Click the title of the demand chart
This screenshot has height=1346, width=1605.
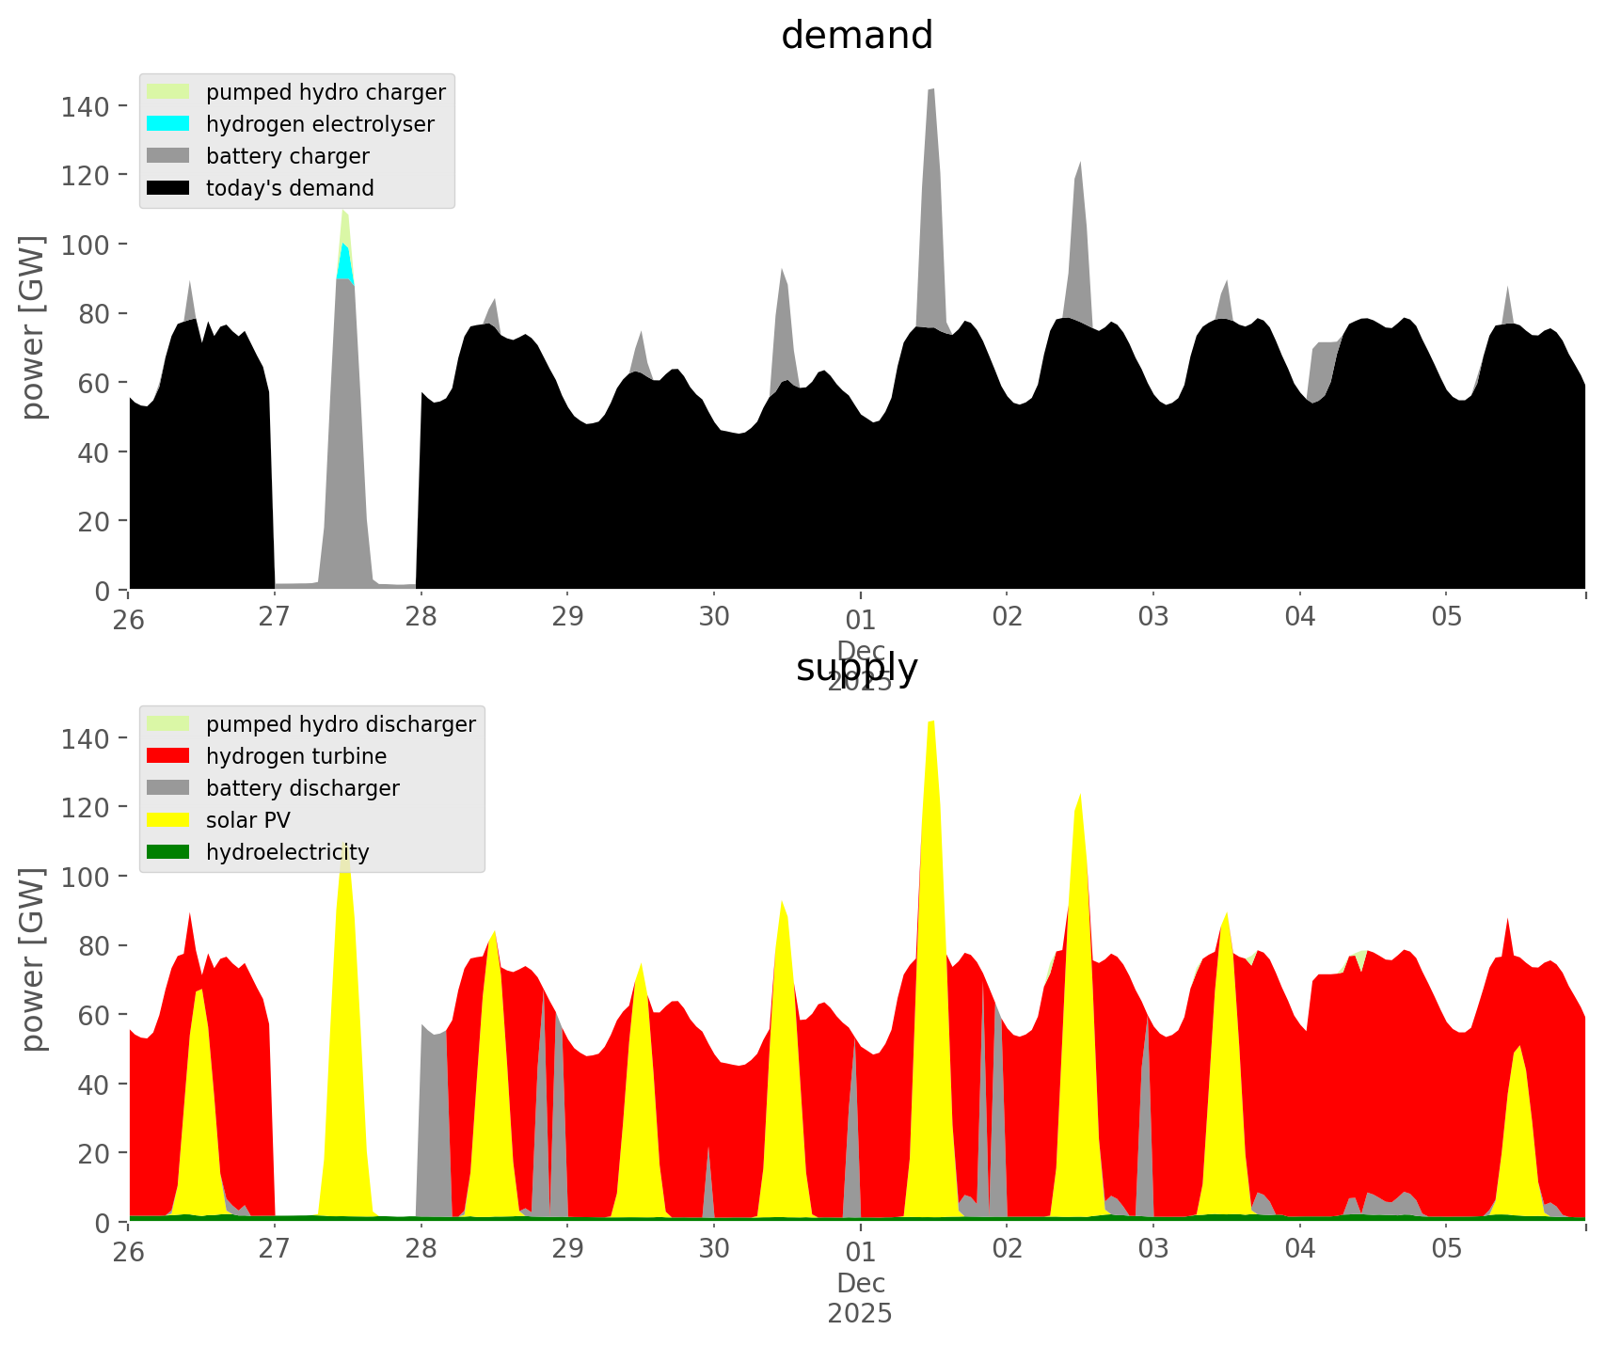coord(856,36)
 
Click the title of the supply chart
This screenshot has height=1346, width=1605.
coord(856,668)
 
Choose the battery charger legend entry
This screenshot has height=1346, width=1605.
coord(287,156)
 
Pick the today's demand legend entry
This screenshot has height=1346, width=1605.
coord(290,188)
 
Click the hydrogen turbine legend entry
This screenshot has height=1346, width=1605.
coord(296,756)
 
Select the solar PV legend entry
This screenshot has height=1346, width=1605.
coord(248,820)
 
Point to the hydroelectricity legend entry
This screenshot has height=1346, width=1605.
coord(288,852)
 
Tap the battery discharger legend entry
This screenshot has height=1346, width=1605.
coord(302,788)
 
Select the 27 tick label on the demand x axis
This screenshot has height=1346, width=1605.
coord(274,616)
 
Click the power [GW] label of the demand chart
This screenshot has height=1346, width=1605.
coord(32,327)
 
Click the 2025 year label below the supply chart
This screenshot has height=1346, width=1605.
coord(860,1313)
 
